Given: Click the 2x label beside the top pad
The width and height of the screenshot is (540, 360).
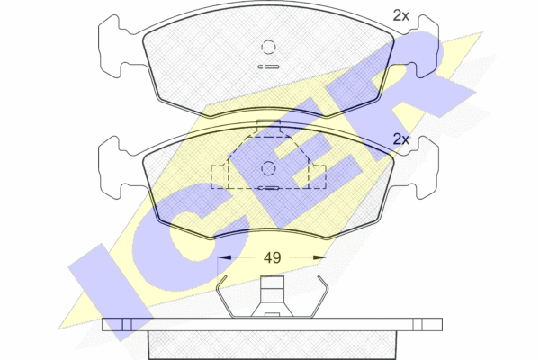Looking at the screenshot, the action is tap(401, 15).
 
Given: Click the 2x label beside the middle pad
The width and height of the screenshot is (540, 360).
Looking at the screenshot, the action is tap(401, 139).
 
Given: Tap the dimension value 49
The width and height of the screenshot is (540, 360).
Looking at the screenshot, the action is tap(272, 257).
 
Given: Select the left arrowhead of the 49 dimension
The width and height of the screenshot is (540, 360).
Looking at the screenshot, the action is tap(224, 257).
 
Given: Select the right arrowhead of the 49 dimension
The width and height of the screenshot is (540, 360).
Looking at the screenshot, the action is tap(319, 257).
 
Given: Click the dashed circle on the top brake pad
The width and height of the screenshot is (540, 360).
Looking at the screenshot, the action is tap(268, 47).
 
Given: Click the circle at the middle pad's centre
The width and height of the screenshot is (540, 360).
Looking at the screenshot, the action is tap(268, 168).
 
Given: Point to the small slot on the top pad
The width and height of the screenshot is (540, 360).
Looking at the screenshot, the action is tap(269, 67).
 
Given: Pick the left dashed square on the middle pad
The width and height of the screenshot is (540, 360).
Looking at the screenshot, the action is tap(220, 177).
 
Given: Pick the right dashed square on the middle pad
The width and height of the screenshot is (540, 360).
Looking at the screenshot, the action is tap(318, 177).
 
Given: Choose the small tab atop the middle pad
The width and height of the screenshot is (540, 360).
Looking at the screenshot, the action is tap(268, 126).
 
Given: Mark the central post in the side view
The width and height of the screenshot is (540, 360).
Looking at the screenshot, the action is tap(272, 296).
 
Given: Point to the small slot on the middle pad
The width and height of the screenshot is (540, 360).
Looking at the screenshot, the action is tap(269, 188).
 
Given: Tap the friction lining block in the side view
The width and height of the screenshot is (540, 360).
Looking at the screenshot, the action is tap(272, 345).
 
